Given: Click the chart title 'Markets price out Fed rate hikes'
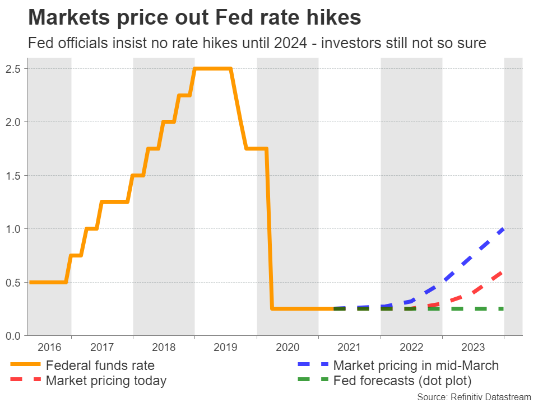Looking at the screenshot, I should coord(194,18).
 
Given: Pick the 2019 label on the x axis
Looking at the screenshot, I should coord(225,347).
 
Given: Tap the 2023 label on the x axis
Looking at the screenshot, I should coord(473,347).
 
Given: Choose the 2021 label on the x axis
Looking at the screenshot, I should coord(349,347).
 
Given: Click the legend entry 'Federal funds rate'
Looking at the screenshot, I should coord(100,366).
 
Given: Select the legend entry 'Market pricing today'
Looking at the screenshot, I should coord(106,381).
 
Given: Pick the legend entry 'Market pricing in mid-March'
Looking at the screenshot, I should coord(415,366).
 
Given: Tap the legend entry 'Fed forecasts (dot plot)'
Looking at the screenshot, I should coord(402,381).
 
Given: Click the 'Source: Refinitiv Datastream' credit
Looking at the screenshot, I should coord(474,396).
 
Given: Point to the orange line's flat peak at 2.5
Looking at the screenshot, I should coord(212,69).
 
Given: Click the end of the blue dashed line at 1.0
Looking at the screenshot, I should coord(503,229).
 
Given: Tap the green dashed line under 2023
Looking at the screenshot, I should coord(473,308).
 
